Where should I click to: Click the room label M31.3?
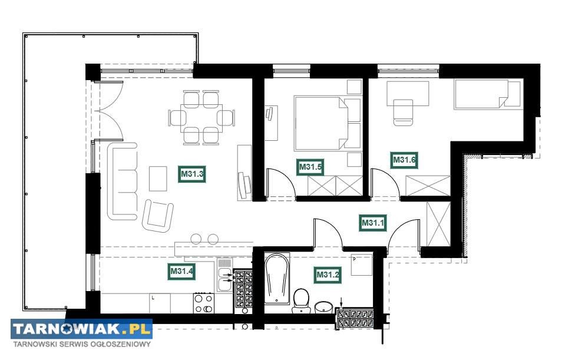[x=192, y=174]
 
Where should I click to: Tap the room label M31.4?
[x=181, y=272]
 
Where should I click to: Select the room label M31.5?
[x=310, y=167]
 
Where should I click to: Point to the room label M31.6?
[x=404, y=160]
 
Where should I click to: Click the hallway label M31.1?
[x=372, y=223]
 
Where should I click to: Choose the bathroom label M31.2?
[x=328, y=275]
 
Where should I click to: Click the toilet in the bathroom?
[x=301, y=300]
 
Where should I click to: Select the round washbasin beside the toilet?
[x=323, y=307]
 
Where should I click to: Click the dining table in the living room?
[x=201, y=118]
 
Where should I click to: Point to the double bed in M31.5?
[x=327, y=123]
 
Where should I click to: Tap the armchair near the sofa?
[x=158, y=216]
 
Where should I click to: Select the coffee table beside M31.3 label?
[x=158, y=179]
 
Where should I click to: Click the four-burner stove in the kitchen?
[x=204, y=303]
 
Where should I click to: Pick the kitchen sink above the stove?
[x=224, y=275]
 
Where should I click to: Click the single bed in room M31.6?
[x=487, y=94]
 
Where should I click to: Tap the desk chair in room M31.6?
[x=403, y=113]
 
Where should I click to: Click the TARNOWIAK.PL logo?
[x=81, y=329]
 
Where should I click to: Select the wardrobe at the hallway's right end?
[x=438, y=223]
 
